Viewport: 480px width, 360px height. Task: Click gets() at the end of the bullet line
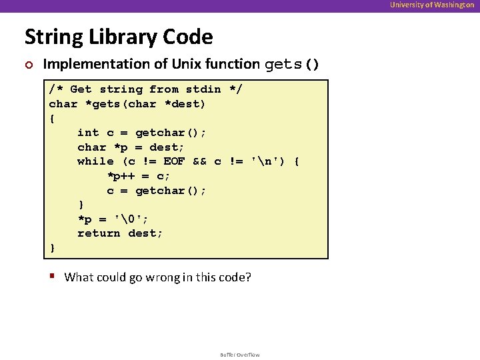pyautogui.click(x=292, y=65)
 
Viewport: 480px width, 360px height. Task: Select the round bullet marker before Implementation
pyautogui.click(x=28, y=65)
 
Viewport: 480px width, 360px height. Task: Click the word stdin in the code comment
pyautogui.click(x=203, y=89)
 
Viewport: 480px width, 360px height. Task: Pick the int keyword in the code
pyautogui.click(x=88, y=133)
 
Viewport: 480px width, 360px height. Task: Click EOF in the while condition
pyautogui.click(x=174, y=161)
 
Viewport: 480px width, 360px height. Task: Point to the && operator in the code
pyautogui.click(x=200, y=161)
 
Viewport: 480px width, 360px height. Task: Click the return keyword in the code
pyautogui.click(x=99, y=233)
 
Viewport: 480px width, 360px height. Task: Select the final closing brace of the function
pyautogui.click(x=53, y=248)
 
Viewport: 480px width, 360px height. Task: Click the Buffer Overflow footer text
pyautogui.click(x=240, y=355)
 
